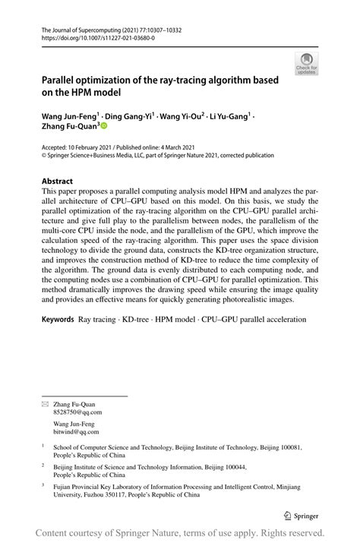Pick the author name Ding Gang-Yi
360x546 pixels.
pyautogui.click(x=131, y=118)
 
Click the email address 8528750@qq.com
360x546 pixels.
pyautogui.click(x=77, y=412)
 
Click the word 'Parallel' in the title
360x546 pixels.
pyautogui.click(x=62, y=80)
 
